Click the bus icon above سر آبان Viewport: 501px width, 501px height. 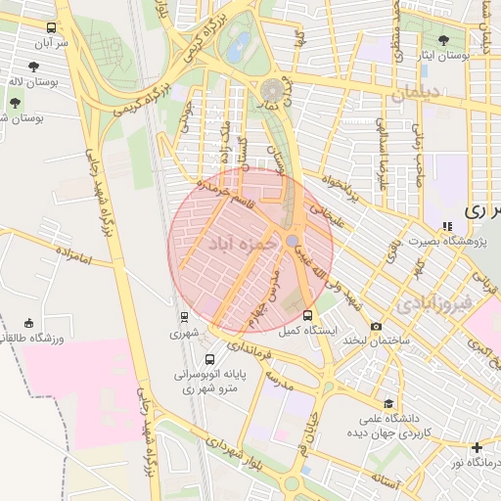click(51, 28)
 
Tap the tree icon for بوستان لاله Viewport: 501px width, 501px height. click(34, 67)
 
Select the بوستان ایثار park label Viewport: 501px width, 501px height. click(464, 58)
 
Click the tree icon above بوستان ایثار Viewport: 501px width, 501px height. click(444, 41)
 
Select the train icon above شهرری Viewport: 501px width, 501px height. click(183, 316)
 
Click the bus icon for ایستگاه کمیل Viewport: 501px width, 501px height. click(308, 315)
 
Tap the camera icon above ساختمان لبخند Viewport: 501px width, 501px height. click(376, 326)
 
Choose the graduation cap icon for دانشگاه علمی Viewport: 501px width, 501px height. click(388, 402)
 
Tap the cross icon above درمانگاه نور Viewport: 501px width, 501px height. click(477, 447)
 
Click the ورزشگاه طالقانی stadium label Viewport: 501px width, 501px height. click(34, 339)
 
